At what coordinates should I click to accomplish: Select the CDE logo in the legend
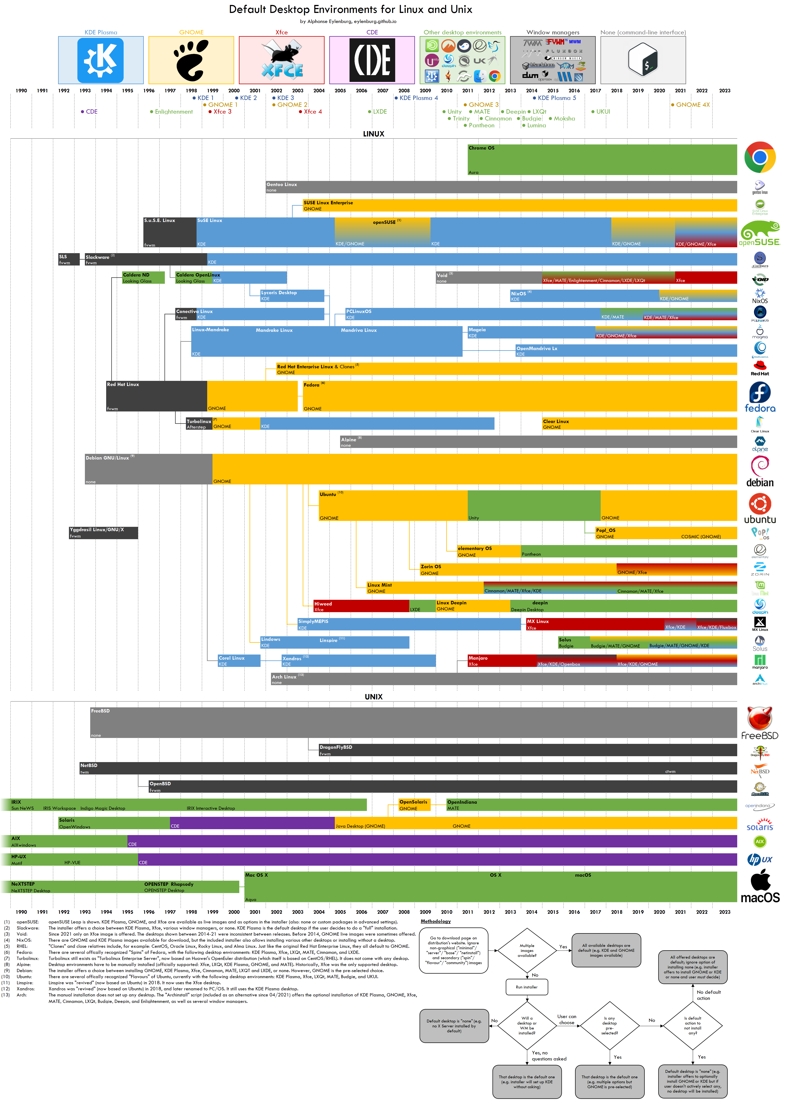click(372, 60)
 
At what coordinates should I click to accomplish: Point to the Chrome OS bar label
click(481, 148)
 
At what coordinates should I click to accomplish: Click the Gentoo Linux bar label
click(282, 184)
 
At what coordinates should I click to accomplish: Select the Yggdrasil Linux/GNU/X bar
click(103, 533)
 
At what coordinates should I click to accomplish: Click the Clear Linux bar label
click(556, 422)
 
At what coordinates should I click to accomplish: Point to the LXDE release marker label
click(379, 112)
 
